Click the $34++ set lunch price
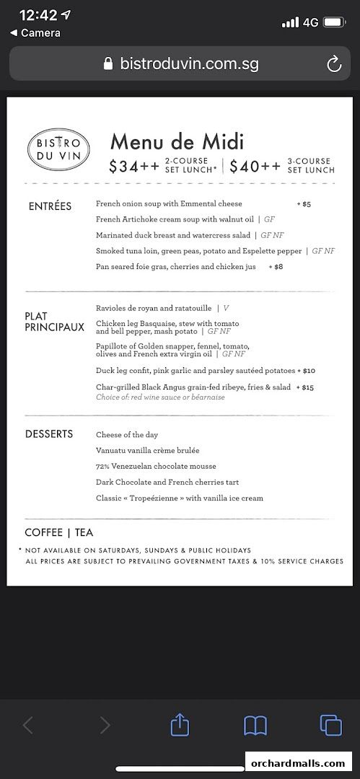click(134, 167)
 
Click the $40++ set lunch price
click(255, 167)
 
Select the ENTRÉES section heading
click(50, 206)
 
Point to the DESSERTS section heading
click(49, 434)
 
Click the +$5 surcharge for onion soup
click(304, 204)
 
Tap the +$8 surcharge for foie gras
click(276, 267)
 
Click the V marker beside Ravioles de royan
click(226, 307)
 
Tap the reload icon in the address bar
click(334, 64)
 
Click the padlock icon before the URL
click(108, 64)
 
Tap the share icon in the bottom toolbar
click(180, 725)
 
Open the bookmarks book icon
click(255, 725)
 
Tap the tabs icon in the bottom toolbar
click(330, 725)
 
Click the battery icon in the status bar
click(334, 22)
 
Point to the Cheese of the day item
click(126, 435)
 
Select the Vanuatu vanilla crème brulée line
click(148, 451)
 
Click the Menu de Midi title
click(177, 141)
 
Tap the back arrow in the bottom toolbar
click(28, 725)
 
